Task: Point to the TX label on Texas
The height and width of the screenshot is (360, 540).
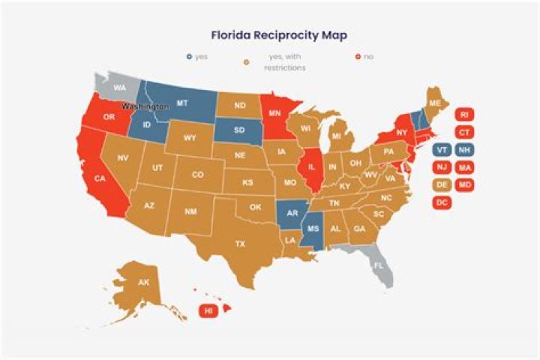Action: (x=240, y=244)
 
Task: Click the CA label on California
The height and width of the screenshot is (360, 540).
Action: (x=100, y=178)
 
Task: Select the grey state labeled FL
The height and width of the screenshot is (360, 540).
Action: (x=378, y=265)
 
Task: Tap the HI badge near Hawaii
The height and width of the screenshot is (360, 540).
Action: (x=207, y=310)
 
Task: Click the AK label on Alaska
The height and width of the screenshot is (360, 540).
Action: (x=143, y=283)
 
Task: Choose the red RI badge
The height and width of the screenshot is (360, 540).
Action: (x=464, y=115)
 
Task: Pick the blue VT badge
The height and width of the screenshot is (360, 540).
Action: (x=442, y=149)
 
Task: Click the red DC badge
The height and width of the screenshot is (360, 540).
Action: (x=442, y=202)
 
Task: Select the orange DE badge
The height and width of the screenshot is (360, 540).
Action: (x=442, y=184)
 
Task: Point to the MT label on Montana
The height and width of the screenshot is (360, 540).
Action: (x=181, y=102)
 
